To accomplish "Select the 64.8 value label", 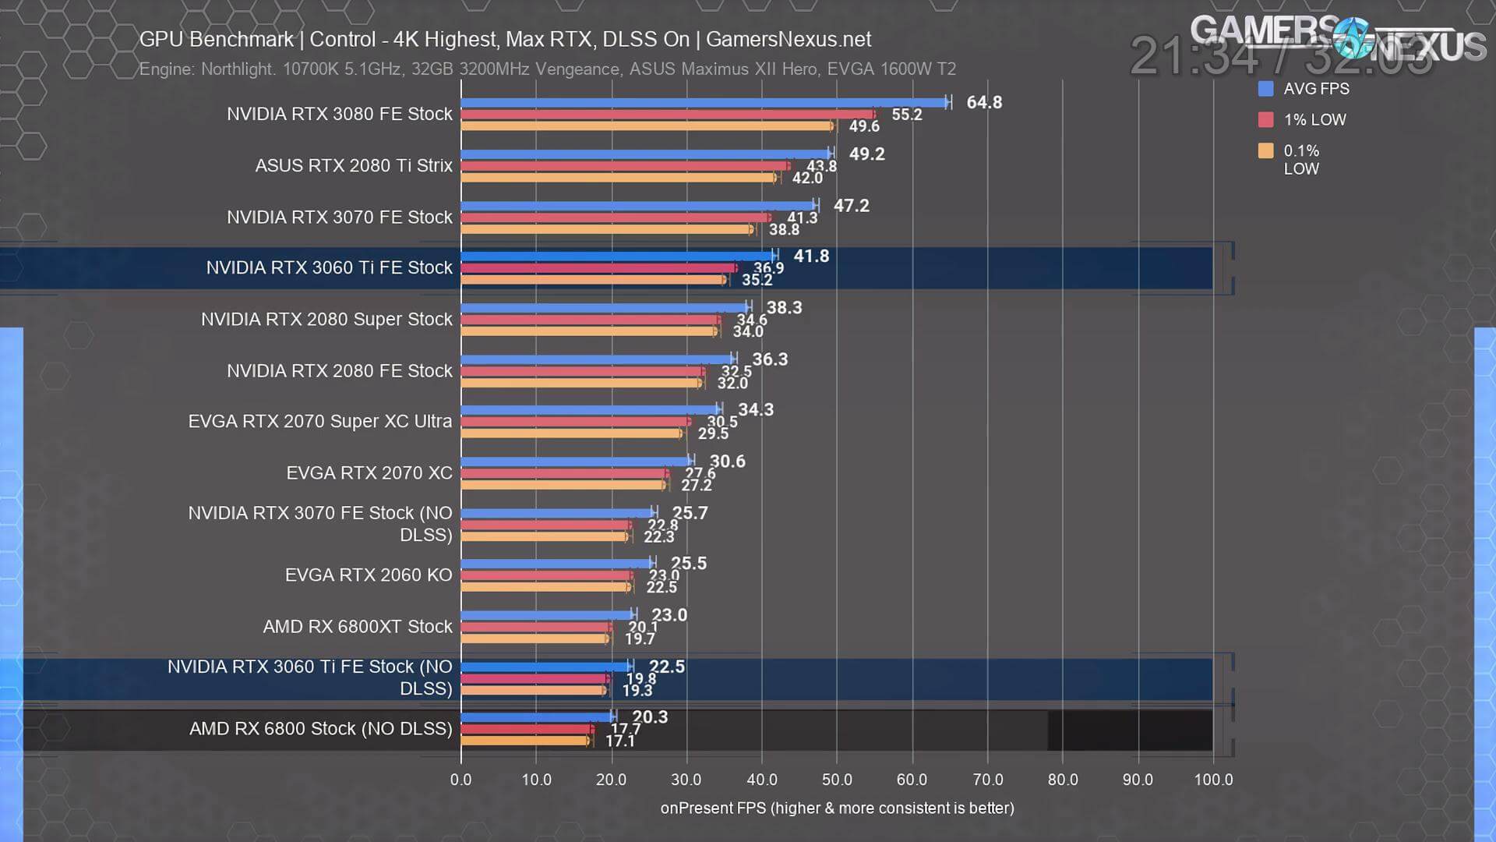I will click(984, 103).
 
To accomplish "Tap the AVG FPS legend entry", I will click(1315, 89).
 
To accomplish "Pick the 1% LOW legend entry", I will click(1314, 120).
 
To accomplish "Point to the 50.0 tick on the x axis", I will click(836, 780).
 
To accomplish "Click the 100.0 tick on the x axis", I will click(1213, 780).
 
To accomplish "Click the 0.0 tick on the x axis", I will click(460, 780).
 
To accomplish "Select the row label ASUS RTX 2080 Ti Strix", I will click(354, 165).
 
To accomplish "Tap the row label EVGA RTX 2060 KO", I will click(368, 575).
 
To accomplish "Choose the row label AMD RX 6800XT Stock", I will click(357, 627).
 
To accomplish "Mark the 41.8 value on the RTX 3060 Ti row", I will click(811, 256).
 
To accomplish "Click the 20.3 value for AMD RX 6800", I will click(650, 717).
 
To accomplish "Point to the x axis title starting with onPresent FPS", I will click(837, 808).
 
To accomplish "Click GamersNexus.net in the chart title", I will click(788, 40).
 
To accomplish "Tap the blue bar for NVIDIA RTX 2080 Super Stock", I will click(605, 308).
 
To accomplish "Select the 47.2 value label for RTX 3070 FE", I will click(851, 206).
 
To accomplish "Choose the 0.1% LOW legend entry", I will click(1301, 159).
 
